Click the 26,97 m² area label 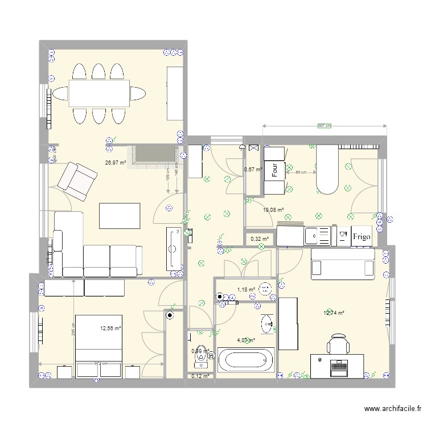(115, 162)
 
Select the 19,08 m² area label (273, 210)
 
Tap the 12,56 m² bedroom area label (111, 328)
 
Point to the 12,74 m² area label (334, 313)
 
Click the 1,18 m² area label (247, 289)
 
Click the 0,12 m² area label (200, 376)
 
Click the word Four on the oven (274, 171)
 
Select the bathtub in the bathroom (246, 360)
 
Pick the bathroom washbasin (266, 324)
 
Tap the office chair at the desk (338, 345)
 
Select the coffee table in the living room (120, 215)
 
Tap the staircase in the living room (150, 155)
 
